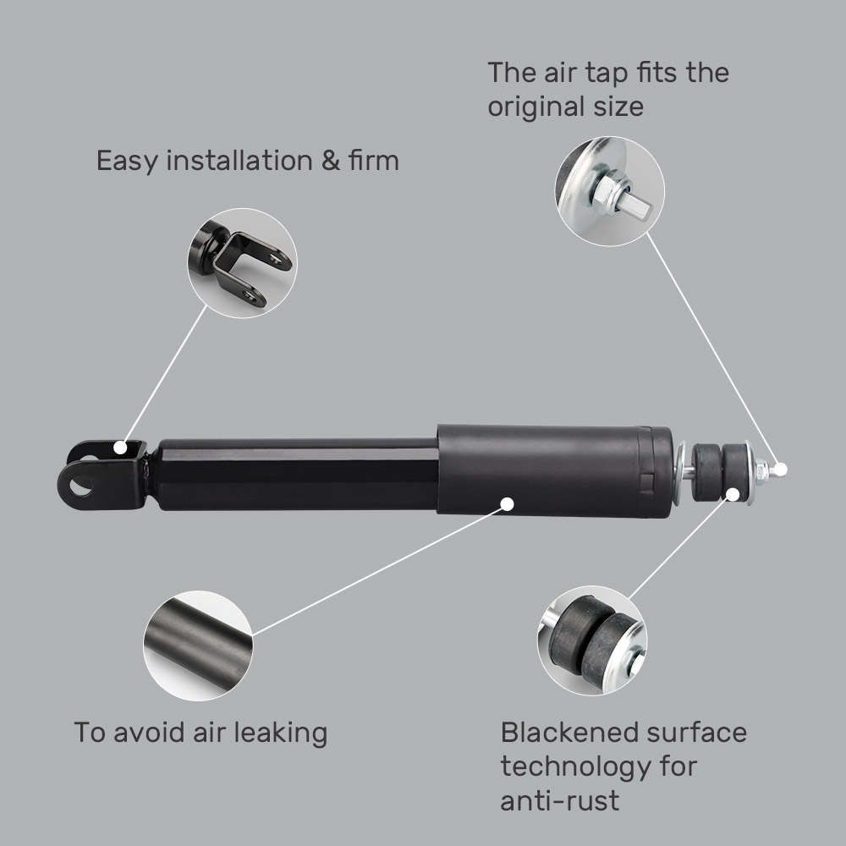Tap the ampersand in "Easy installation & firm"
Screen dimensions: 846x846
tap(330, 160)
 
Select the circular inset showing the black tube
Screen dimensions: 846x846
tap(198, 645)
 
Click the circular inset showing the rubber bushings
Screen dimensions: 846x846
tap(592, 640)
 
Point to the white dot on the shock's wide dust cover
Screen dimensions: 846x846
tap(507, 503)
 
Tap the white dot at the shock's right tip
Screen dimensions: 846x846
tap(781, 468)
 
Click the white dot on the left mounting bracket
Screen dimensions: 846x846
tap(124, 447)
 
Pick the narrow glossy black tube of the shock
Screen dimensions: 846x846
tap(296, 474)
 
